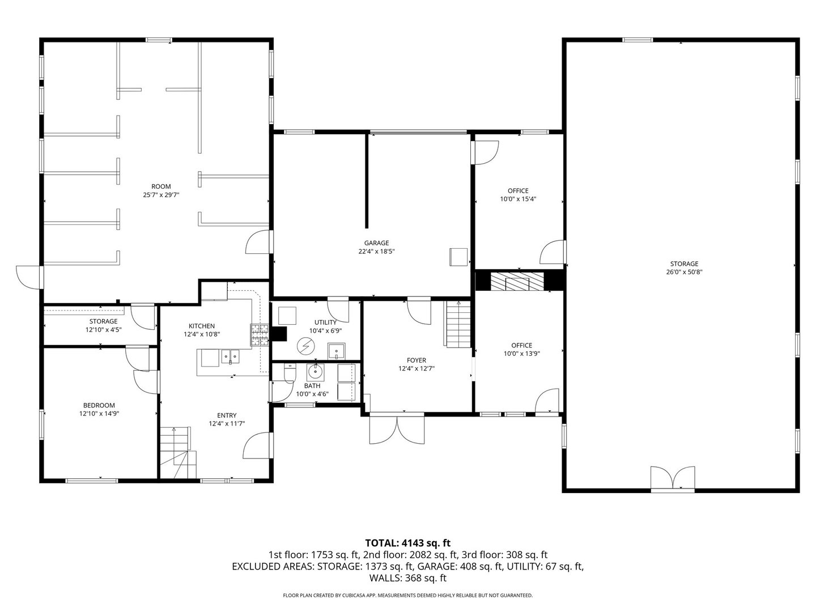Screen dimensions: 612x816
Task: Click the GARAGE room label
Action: point(376,243)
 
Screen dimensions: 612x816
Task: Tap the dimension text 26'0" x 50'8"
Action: point(684,272)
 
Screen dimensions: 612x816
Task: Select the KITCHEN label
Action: point(202,326)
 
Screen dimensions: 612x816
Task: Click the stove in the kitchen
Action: point(260,335)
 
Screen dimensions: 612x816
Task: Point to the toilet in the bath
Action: point(290,373)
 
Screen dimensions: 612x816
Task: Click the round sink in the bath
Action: point(314,372)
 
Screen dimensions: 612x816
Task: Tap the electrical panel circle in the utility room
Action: point(306,345)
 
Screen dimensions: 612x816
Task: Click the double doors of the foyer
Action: point(397,430)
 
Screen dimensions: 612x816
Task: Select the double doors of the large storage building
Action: point(672,479)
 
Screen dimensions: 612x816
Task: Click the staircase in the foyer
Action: point(458,324)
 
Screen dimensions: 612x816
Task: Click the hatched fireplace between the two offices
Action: point(516,281)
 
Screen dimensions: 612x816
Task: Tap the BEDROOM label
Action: point(99,405)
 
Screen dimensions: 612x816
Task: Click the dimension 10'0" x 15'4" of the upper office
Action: point(518,199)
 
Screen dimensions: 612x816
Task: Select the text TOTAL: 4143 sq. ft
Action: point(407,543)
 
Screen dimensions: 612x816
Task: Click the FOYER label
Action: point(416,360)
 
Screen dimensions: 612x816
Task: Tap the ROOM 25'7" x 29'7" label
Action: point(161,190)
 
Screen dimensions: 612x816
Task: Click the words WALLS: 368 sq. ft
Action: point(407,579)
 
